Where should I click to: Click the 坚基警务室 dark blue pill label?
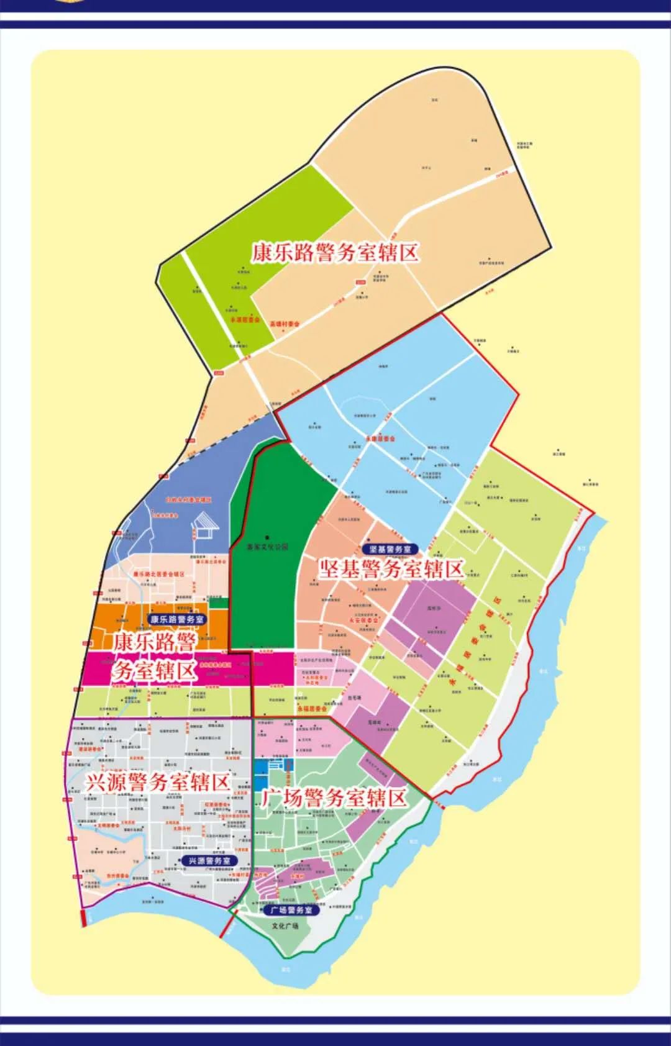pyautogui.click(x=390, y=549)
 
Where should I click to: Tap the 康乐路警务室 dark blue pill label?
pyautogui.click(x=178, y=619)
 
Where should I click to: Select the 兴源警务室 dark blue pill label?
pyautogui.click(x=209, y=860)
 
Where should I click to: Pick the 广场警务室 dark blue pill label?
pyautogui.click(x=291, y=910)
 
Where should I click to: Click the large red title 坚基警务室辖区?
pyautogui.click(x=391, y=569)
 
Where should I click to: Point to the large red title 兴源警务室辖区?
pyautogui.click(x=157, y=783)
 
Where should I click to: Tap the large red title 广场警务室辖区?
pyautogui.click(x=334, y=799)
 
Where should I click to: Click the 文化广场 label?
pyautogui.click(x=285, y=925)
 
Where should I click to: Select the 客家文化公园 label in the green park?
pyautogui.click(x=268, y=547)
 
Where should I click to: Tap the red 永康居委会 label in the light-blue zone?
pyautogui.click(x=380, y=439)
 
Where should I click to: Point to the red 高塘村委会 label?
pyautogui.click(x=285, y=324)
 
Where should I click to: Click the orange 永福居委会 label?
pyautogui.click(x=311, y=708)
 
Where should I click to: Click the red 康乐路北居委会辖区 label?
pyautogui.click(x=158, y=574)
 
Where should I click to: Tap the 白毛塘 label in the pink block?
pyautogui.click(x=354, y=698)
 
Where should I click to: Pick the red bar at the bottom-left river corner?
pyautogui.click(x=83, y=918)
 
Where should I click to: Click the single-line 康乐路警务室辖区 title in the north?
pyautogui.click(x=335, y=253)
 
